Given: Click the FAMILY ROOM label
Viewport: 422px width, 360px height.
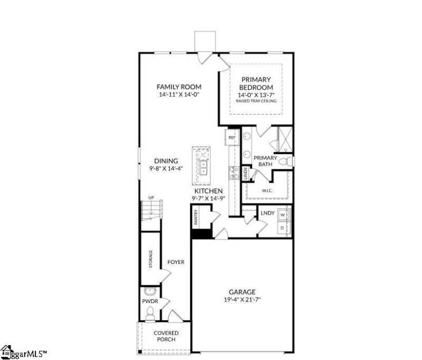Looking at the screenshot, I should (179, 87).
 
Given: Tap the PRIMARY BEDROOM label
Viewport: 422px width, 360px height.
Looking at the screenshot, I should (256, 83).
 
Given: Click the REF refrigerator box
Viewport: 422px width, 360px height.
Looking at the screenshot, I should (232, 138).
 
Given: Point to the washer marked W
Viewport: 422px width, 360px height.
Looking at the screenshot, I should (283, 216).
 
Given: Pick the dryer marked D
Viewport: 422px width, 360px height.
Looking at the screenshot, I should (283, 228).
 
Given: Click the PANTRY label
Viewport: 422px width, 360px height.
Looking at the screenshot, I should (196, 217).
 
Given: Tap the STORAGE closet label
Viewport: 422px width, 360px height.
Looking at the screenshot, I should (150, 259).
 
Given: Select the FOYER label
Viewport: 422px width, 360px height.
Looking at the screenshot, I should (176, 262).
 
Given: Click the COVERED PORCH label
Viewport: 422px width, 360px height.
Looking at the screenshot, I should (166, 336).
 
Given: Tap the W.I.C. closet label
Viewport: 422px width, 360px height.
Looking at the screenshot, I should (267, 191).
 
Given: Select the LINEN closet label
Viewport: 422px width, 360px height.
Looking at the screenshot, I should (245, 173).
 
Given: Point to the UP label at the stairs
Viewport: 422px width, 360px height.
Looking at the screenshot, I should (151, 197).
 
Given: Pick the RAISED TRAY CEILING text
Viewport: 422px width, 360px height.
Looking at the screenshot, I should (256, 101).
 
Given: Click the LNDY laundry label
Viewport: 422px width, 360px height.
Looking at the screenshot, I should (267, 213).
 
